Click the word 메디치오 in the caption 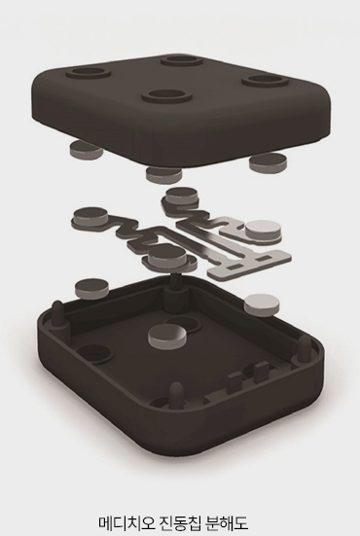click(x=125, y=523)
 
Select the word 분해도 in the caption click(x=228, y=523)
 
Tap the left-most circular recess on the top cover click(x=89, y=73)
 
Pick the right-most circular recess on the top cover click(x=264, y=81)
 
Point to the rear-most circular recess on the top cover click(x=183, y=60)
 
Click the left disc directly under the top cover click(x=85, y=150)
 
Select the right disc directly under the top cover click(x=268, y=162)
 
